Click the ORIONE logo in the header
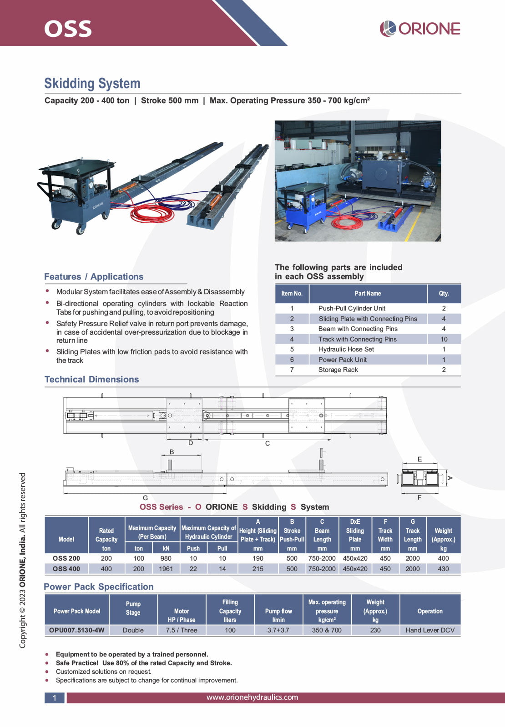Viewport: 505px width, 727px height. click(x=420, y=29)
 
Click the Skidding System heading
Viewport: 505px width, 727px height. click(x=92, y=84)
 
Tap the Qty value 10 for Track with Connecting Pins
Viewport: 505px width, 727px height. click(x=444, y=339)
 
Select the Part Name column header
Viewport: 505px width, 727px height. click(x=368, y=294)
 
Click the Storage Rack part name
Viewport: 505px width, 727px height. click(x=338, y=370)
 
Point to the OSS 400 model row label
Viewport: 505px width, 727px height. click(x=66, y=569)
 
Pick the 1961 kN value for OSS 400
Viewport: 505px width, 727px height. click(x=166, y=569)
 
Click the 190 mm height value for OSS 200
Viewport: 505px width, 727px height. click(x=258, y=558)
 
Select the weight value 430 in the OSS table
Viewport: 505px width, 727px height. click(x=443, y=569)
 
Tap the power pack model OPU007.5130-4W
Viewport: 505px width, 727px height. click(x=77, y=630)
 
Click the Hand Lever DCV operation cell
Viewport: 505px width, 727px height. click(x=430, y=630)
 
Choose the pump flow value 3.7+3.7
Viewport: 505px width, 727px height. click(x=278, y=630)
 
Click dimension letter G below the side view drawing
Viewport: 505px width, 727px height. click(x=145, y=498)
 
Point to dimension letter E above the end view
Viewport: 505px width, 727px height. click(x=419, y=459)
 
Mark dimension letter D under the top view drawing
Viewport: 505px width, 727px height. click(x=191, y=443)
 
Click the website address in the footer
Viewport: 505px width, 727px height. click(x=252, y=697)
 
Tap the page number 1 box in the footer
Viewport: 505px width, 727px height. click(x=55, y=698)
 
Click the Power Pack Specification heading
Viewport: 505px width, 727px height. click(x=99, y=587)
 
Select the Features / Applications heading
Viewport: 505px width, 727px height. click(x=94, y=277)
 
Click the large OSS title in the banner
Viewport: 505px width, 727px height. click(x=68, y=29)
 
